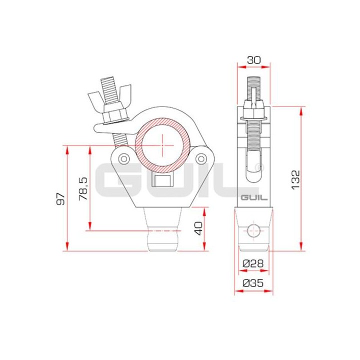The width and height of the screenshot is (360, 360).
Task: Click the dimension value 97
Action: point(61,198)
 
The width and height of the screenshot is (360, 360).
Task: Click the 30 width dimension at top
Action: point(253,59)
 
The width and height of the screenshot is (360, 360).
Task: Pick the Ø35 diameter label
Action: point(253,283)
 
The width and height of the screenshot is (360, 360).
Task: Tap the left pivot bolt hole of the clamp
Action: point(122,158)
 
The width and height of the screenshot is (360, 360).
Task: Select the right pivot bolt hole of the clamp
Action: point(201,158)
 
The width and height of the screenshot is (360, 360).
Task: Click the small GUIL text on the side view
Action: point(253,198)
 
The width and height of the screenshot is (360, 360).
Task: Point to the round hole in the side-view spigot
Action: point(253,230)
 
